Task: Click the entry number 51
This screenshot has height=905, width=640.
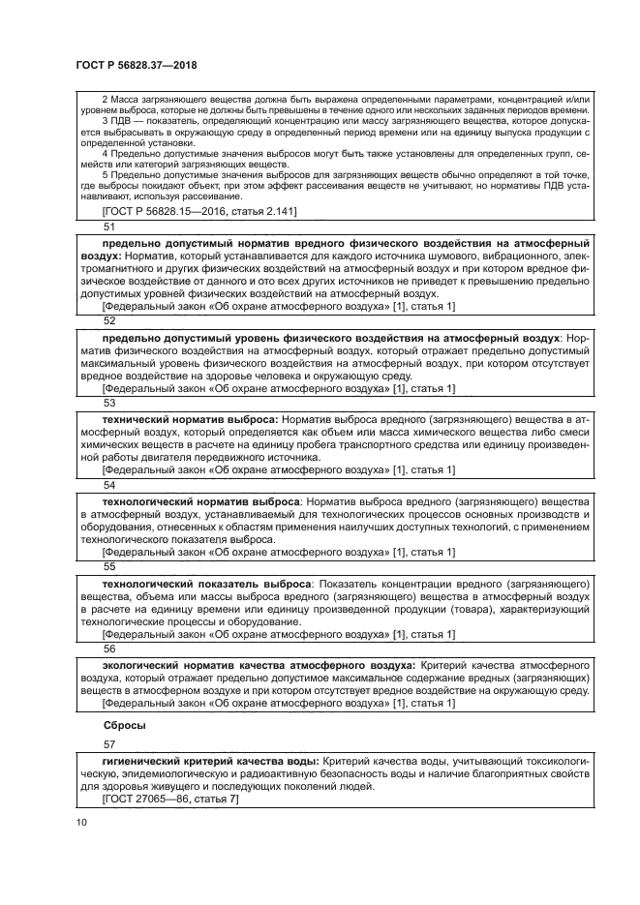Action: [x=108, y=226]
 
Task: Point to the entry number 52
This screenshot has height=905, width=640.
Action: [x=108, y=319]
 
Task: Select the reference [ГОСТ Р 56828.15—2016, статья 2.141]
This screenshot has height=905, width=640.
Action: [x=199, y=210]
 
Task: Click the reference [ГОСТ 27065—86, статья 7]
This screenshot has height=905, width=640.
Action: [x=169, y=799]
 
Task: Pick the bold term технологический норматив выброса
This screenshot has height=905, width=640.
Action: [x=199, y=501]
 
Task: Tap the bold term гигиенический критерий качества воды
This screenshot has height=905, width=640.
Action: [x=210, y=761]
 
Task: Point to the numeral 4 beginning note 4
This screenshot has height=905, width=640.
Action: [x=105, y=153]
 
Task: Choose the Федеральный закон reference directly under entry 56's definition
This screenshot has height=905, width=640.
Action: [x=278, y=704]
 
